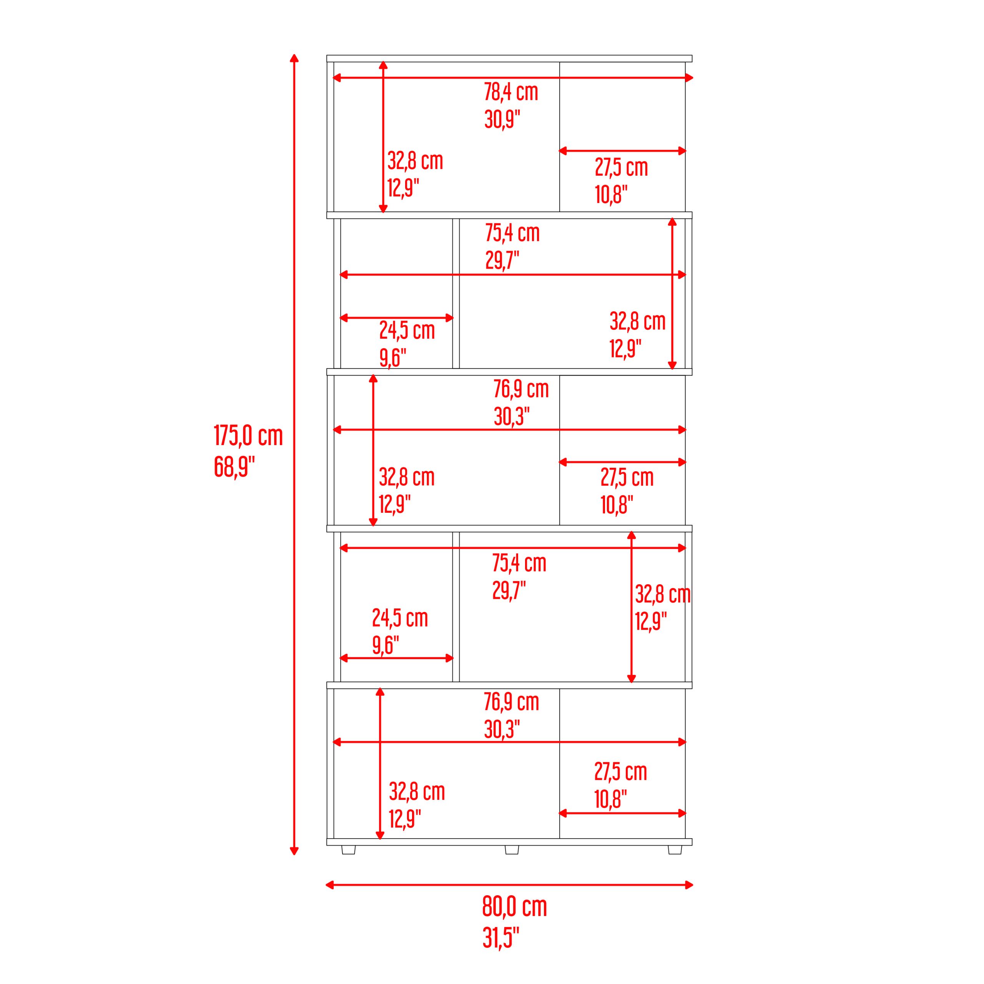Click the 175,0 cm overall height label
[x=248, y=436]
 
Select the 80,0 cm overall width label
[x=514, y=907]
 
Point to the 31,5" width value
[x=501, y=937]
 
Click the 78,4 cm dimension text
[x=511, y=92]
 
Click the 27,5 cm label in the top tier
[x=622, y=168]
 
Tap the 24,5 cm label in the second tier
[x=407, y=331]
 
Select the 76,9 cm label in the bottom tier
[x=511, y=702]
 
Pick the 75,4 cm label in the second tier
[x=512, y=233]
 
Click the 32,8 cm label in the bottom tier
[x=417, y=791]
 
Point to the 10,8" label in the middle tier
[x=617, y=505]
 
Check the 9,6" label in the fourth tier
[x=386, y=645]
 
